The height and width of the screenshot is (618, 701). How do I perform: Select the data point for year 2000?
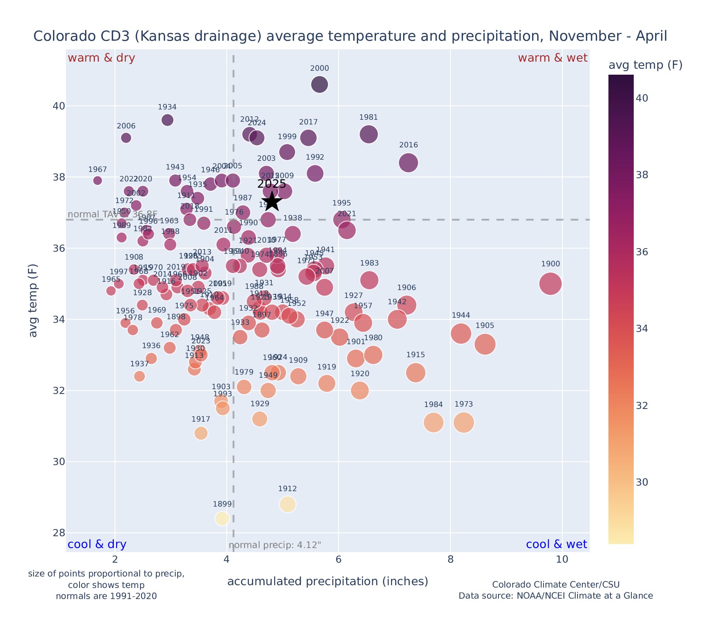(320, 85)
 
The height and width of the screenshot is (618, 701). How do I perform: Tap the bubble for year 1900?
(550, 284)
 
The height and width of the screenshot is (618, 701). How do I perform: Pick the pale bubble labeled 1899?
(222, 518)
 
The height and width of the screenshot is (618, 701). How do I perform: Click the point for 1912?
(288, 504)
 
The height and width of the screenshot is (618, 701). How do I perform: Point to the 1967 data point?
(98, 181)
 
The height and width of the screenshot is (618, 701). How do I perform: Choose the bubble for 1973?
(464, 423)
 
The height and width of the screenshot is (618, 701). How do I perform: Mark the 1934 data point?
(167, 120)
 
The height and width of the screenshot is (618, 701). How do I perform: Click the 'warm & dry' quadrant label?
(101, 58)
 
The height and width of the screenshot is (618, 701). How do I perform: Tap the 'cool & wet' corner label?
(556, 545)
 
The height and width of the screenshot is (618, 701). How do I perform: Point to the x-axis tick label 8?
(450, 560)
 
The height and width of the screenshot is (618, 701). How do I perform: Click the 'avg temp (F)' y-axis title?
(34, 300)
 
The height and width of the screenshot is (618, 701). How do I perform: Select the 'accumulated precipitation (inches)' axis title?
(328, 581)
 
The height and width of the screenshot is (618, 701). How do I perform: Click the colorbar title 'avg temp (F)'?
(645, 65)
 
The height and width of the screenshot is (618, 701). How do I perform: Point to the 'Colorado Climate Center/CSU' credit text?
(555, 585)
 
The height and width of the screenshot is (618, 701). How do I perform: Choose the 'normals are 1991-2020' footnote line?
(106, 596)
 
